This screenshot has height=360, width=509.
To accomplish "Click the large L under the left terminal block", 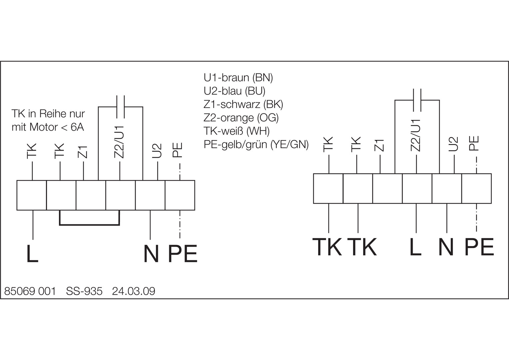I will (32, 254).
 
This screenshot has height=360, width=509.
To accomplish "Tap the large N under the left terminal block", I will (151, 254).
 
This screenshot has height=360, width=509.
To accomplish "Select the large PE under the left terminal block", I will (183, 254).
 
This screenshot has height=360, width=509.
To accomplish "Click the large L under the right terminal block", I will (415, 247).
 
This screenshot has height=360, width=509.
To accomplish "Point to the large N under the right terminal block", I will (446, 247).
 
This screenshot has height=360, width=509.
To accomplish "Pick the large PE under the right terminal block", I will (479, 247).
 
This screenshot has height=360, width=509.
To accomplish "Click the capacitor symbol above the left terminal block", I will (120, 107).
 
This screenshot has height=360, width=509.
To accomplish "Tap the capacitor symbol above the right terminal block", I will (417, 99).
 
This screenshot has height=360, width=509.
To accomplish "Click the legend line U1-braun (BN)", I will (238, 78).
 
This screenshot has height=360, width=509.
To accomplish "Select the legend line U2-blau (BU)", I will (235, 91).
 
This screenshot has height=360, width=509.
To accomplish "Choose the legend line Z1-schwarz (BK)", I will (243, 104).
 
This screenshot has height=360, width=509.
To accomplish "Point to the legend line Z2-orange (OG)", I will (241, 118).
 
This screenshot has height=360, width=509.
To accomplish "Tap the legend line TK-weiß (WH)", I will (237, 131).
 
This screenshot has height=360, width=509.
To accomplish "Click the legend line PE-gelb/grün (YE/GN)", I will (256, 144).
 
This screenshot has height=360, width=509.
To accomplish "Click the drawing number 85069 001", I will (30, 291).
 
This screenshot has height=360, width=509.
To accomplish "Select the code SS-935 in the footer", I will (84, 291).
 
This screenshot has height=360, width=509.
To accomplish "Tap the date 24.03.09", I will (134, 291).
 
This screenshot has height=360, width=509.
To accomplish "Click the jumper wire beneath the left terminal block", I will (89, 225).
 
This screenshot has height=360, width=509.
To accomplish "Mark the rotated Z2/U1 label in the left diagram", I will (120, 142).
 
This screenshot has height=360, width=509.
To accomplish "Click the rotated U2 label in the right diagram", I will (454, 144).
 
